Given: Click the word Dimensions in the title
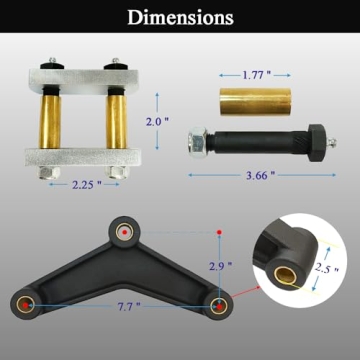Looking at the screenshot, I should click(180, 17).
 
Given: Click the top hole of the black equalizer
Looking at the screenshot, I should click(123, 231).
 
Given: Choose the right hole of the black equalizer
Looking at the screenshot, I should click(221, 301).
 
